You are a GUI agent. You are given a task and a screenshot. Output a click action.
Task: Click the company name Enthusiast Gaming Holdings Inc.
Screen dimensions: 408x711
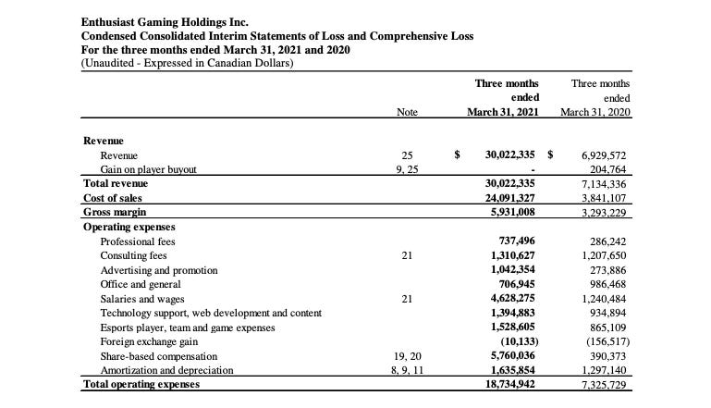(x=165, y=21)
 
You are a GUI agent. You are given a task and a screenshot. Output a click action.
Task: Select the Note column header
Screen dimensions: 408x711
(x=407, y=112)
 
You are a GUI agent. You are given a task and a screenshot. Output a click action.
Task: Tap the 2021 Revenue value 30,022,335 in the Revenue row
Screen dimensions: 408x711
(x=511, y=155)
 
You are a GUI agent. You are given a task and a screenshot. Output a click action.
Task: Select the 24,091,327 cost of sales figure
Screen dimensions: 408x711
(x=511, y=197)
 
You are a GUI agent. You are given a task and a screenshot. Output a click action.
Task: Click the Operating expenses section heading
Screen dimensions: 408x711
(x=129, y=227)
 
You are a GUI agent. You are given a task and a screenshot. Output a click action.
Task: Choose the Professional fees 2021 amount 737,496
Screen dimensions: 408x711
(x=519, y=241)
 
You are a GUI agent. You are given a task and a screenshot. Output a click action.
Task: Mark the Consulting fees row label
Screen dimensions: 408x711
(x=133, y=255)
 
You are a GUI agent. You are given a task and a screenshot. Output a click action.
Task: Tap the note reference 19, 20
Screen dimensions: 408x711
(x=407, y=356)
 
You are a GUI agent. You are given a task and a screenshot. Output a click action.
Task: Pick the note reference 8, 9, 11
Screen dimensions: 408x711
(x=407, y=370)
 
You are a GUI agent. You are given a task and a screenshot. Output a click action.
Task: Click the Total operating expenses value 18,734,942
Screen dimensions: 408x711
(x=511, y=384)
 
